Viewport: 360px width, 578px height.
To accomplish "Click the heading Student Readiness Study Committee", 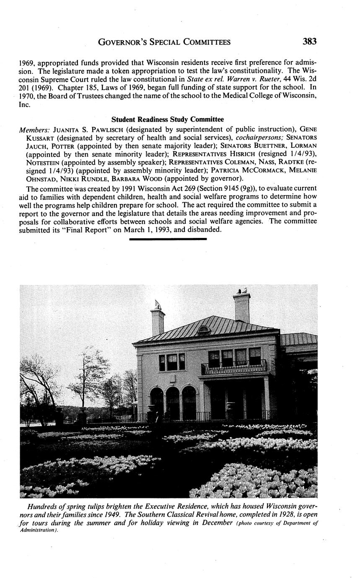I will click(168, 120).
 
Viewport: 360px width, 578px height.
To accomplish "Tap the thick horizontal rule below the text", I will click(168, 239).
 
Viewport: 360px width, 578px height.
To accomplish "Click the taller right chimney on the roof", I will click(242, 307).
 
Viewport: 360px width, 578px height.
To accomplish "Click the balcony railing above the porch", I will click(233, 367).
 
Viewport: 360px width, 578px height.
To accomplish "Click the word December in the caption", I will click(215, 523).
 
